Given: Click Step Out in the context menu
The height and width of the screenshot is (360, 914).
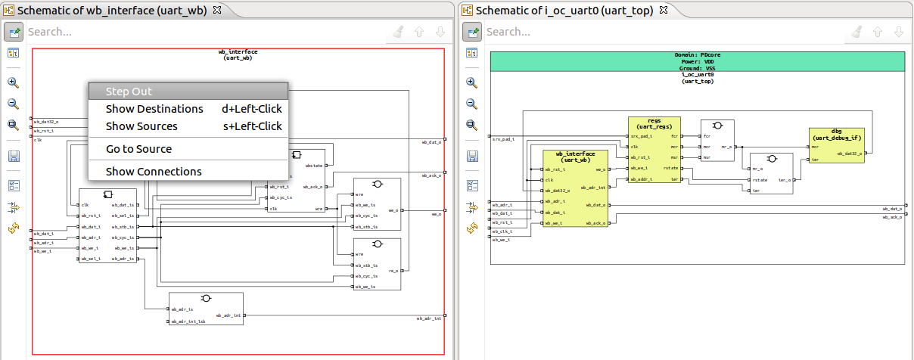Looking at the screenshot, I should tap(129, 92).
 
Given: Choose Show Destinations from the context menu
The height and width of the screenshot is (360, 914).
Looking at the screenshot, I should tap(154, 109).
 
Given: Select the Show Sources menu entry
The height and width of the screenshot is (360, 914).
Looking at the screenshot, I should tap(141, 126).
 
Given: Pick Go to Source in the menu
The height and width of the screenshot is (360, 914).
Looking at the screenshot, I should tap(138, 149).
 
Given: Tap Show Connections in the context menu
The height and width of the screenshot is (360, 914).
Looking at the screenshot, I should tap(154, 172).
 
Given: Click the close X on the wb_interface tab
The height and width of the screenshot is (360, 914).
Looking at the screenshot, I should tap(217, 10).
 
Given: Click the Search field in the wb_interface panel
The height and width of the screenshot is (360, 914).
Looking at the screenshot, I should tap(204, 32).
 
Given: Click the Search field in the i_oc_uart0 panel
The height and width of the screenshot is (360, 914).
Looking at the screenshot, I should tap(662, 32).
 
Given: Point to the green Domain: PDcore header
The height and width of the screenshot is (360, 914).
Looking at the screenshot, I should tap(697, 61).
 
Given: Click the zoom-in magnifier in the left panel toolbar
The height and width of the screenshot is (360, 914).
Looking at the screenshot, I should tap(13, 82).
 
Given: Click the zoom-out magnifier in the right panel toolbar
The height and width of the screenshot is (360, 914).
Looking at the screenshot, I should tap(471, 104).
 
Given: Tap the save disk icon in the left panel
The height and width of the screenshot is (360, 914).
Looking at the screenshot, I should tap(13, 156).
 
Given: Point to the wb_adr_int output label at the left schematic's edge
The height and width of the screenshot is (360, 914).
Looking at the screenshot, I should tap(429, 318).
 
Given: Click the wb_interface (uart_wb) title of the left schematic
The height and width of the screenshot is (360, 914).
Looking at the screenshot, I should tap(238, 55).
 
